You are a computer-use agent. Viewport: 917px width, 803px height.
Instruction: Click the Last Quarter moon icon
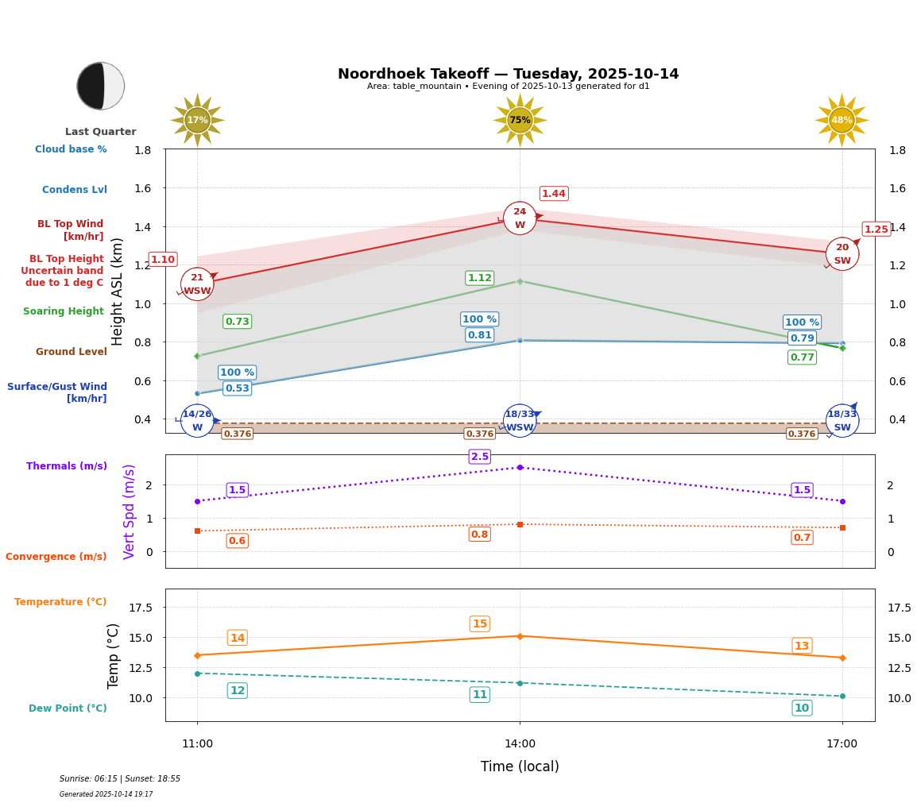coord(101,86)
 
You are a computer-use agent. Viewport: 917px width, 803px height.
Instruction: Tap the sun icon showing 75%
coord(520,120)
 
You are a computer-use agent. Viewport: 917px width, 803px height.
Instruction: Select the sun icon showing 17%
coord(197,120)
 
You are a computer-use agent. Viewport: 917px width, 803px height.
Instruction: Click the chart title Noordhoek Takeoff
coord(508,74)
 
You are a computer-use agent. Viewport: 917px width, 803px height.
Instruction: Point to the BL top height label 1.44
coord(554,194)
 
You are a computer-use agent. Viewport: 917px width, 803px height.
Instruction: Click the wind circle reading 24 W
coord(520,218)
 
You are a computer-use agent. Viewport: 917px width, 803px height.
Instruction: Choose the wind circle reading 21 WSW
coord(197,284)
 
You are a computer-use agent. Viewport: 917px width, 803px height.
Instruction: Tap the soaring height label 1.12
coord(479,278)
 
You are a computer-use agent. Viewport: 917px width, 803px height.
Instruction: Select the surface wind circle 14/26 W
coord(197,421)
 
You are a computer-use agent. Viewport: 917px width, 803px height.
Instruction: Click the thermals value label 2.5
coord(480,457)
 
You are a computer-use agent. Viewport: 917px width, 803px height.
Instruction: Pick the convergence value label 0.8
coord(479,535)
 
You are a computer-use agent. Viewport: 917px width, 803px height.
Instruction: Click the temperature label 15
coord(479,624)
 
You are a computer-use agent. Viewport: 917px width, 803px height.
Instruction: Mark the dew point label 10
coord(802,708)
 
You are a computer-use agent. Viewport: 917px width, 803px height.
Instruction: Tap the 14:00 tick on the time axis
coord(520,744)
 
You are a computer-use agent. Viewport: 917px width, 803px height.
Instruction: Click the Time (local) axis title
coord(520,766)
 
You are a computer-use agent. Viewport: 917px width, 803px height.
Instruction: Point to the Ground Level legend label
coord(72,352)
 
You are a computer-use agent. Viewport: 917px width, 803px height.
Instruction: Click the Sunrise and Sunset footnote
coord(120,779)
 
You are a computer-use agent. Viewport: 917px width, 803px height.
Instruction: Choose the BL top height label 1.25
coord(876,230)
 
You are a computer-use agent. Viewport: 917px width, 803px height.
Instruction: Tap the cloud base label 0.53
coord(238,388)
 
